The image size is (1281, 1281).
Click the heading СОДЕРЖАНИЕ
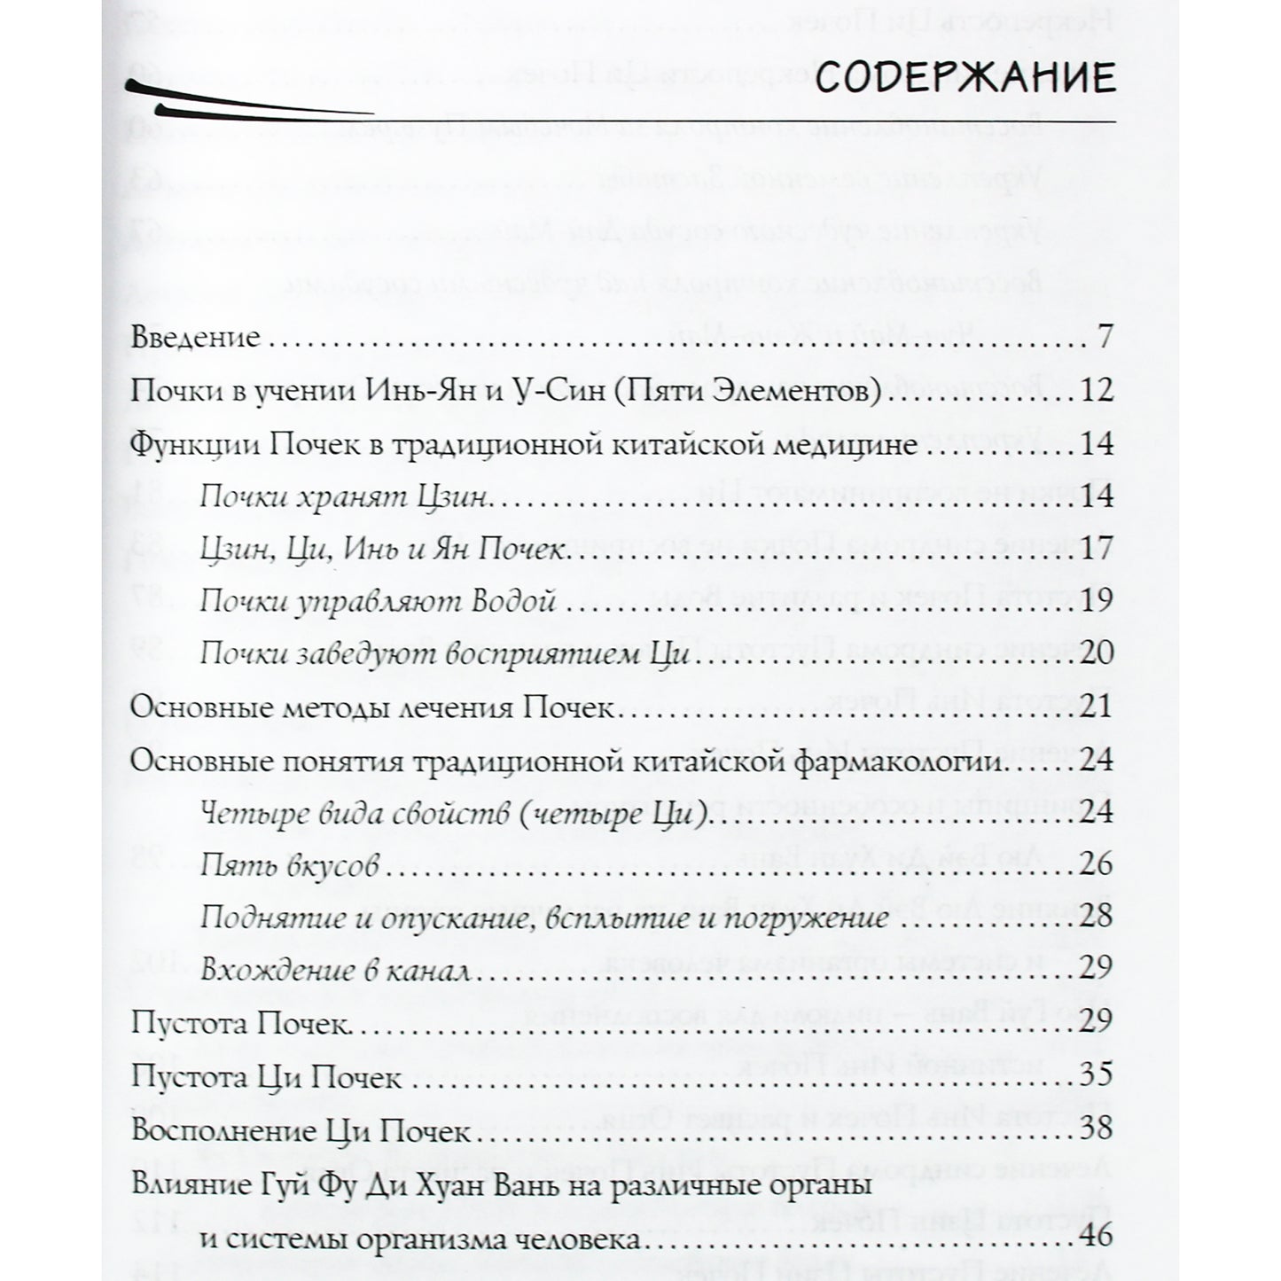[x=965, y=79]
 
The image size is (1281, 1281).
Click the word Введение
[x=195, y=338]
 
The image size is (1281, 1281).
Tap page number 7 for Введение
[x=1104, y=338]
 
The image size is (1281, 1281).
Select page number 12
[x=1097, y=391]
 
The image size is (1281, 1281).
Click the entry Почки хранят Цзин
[x=344, y=496]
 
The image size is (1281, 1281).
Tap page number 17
[x=1097, y=549]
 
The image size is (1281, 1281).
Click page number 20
[x=1097, y=654]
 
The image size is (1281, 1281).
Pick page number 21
[x=1097, y=707]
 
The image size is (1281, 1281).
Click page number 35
[x=1097, y=1078]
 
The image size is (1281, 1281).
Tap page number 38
[x=1097, y=1131]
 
